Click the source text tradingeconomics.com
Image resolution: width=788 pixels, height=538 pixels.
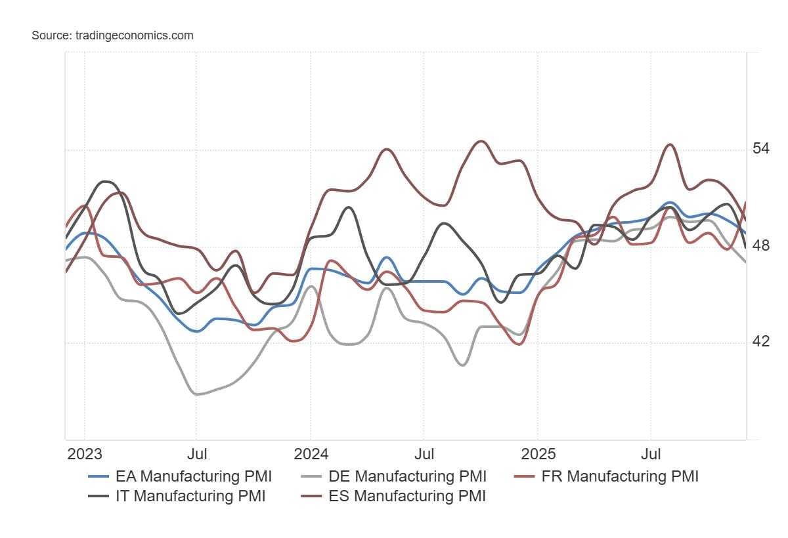pos(112,35)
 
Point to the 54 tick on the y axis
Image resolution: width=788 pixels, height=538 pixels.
pos(760,148)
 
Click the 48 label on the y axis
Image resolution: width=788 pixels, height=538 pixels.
pos(760,245)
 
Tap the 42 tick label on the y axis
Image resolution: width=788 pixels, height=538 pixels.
pos(760,342)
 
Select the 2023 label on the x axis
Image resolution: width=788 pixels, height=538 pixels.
pos(85,454)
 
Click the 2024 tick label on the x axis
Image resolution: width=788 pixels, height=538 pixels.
pos(311,454)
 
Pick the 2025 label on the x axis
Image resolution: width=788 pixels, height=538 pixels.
pos(537,454)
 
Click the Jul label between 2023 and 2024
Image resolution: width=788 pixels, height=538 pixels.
pos(197,454)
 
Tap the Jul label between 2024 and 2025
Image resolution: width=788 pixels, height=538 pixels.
pos(424,454)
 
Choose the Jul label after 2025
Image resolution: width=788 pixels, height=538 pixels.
pos(651,454)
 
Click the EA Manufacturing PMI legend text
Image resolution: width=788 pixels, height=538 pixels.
pos(194,476)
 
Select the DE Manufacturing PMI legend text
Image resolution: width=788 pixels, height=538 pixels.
pos(407,476)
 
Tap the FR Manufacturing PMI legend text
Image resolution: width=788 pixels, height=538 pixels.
pos(620,476)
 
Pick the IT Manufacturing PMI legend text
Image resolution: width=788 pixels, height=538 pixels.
pos(190,496)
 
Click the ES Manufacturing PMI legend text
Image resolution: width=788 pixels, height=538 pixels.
pos(407,496)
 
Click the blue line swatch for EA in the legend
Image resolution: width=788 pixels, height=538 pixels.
pos(98,476)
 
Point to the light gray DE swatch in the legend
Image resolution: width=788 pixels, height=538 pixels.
pos(311,476)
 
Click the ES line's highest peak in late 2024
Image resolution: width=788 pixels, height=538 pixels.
pos(481,141)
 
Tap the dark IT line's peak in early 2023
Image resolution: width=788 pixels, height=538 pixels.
pos(105,181)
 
